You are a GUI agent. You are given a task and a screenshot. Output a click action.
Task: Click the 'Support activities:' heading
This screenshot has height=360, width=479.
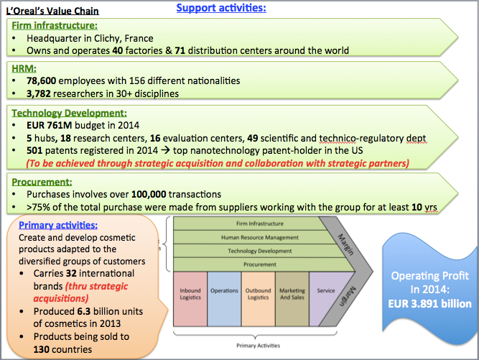tap(221, 8)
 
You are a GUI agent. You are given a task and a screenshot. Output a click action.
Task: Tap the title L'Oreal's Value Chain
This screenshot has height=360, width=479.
tap(52, 11)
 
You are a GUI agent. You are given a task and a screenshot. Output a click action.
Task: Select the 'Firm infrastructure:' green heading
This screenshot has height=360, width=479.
tap(55, 25)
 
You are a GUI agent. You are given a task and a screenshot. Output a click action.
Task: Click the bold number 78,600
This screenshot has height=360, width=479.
tap(41, 80)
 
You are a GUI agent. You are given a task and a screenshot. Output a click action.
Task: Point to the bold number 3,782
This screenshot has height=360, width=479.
tap(39, 93)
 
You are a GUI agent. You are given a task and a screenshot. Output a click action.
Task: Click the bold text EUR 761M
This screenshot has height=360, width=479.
tap(49, 125)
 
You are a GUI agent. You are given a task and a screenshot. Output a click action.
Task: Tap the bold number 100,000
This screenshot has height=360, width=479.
tap(149, 194)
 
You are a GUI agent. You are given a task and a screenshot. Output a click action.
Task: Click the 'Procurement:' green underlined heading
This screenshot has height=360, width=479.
tap(42, 182)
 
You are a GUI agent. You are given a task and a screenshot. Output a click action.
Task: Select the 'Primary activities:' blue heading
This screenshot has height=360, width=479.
tap(58, 225)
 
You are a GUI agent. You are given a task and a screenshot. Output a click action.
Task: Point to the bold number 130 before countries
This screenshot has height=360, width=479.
tap(42, 349)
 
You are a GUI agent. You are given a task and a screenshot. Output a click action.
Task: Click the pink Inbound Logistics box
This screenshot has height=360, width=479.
tap(190, 299)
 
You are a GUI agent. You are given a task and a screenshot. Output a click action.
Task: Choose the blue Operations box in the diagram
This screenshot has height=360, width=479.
tap(224, 299)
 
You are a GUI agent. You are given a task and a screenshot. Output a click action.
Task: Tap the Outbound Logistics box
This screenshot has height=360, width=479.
tap(258, 299)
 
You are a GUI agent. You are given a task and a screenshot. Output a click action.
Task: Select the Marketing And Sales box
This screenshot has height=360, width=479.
tap(292, 299)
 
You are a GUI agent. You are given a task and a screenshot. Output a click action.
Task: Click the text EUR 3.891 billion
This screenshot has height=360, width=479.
tap(430, 304)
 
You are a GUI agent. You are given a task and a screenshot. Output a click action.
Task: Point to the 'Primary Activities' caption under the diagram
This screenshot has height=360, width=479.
tap(258, 346)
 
